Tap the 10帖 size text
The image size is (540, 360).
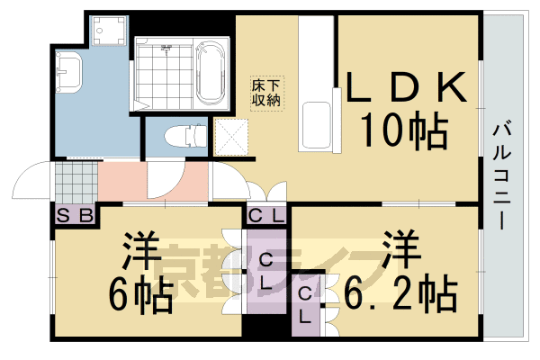405,132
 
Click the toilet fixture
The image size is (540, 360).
183,137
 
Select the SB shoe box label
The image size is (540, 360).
75,215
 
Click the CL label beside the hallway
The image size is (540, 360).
266,215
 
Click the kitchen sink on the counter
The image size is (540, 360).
317,124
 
